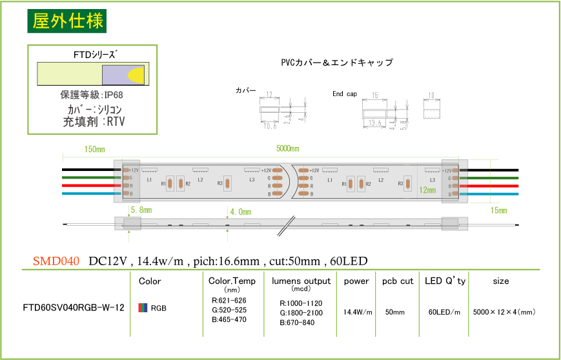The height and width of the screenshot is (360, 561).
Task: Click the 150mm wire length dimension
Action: coord(95,150)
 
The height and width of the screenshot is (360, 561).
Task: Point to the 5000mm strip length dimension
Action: coord(287,148)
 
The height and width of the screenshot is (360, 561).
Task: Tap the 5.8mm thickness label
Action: coord(141,210)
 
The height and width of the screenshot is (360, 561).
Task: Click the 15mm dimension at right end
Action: coord(498,211)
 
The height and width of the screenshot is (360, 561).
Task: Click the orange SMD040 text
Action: coord(56,261)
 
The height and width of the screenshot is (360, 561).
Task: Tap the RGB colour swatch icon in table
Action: coord(142,308)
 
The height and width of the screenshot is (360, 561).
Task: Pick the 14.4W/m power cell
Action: coord(358,312)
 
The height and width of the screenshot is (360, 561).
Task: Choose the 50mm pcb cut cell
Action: coord(394,312)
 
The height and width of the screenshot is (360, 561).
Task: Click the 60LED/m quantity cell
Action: coord(444,312)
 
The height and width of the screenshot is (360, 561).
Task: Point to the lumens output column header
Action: coord(301,281)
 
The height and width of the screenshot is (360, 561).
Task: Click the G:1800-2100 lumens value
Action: coord(301,313)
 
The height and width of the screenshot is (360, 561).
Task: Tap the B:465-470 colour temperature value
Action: coord(229,319)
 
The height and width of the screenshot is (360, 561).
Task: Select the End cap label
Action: coord(344,94)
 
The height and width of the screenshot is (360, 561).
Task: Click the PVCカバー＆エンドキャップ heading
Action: coord(336,63)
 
